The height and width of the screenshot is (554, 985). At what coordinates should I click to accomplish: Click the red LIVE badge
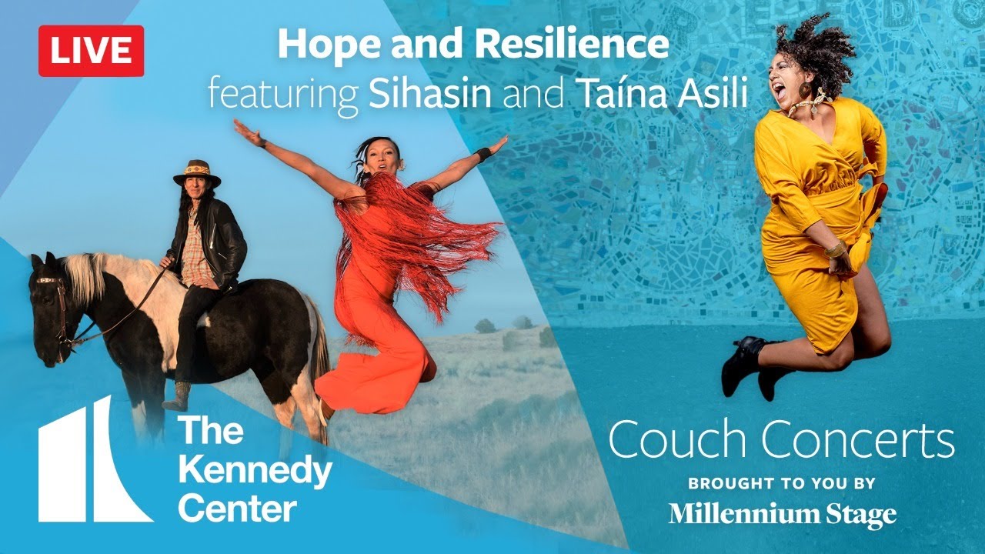(x=91, y=51)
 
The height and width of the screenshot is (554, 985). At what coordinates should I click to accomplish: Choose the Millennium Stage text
(x=782, y=514)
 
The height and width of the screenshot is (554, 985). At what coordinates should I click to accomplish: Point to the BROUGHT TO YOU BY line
(x=782, y=484)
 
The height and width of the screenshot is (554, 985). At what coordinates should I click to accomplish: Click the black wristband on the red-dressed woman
(x=484, y=155)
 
